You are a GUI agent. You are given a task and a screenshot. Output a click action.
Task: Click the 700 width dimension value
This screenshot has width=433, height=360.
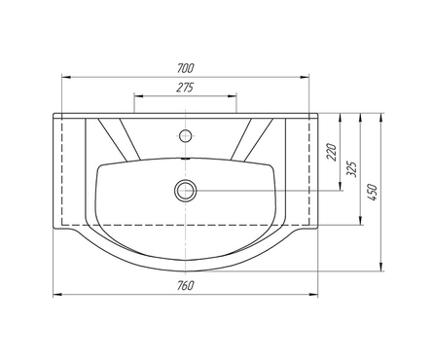click(186, 68)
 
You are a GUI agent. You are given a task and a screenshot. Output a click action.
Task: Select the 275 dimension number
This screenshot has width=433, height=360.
click(185, 88)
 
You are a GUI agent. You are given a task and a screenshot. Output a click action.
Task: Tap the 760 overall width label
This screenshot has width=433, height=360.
click(186, 285)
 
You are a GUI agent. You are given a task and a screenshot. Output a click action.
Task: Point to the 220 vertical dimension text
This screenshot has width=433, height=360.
click(332, 152)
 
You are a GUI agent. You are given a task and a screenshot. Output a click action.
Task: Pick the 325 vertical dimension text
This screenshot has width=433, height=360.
click(351, 168)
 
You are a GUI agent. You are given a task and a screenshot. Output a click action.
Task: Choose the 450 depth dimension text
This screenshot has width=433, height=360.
click(373, 193)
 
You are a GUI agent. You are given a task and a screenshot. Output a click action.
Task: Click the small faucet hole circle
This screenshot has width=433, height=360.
click(185, 135)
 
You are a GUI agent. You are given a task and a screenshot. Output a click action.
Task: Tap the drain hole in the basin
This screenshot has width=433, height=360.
click(186, 191)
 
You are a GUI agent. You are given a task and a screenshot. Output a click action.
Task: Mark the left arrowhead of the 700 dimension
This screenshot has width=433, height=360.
click(66, 77)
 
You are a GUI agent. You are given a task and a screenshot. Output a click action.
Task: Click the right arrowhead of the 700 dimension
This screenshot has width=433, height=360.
click(305, 77)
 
